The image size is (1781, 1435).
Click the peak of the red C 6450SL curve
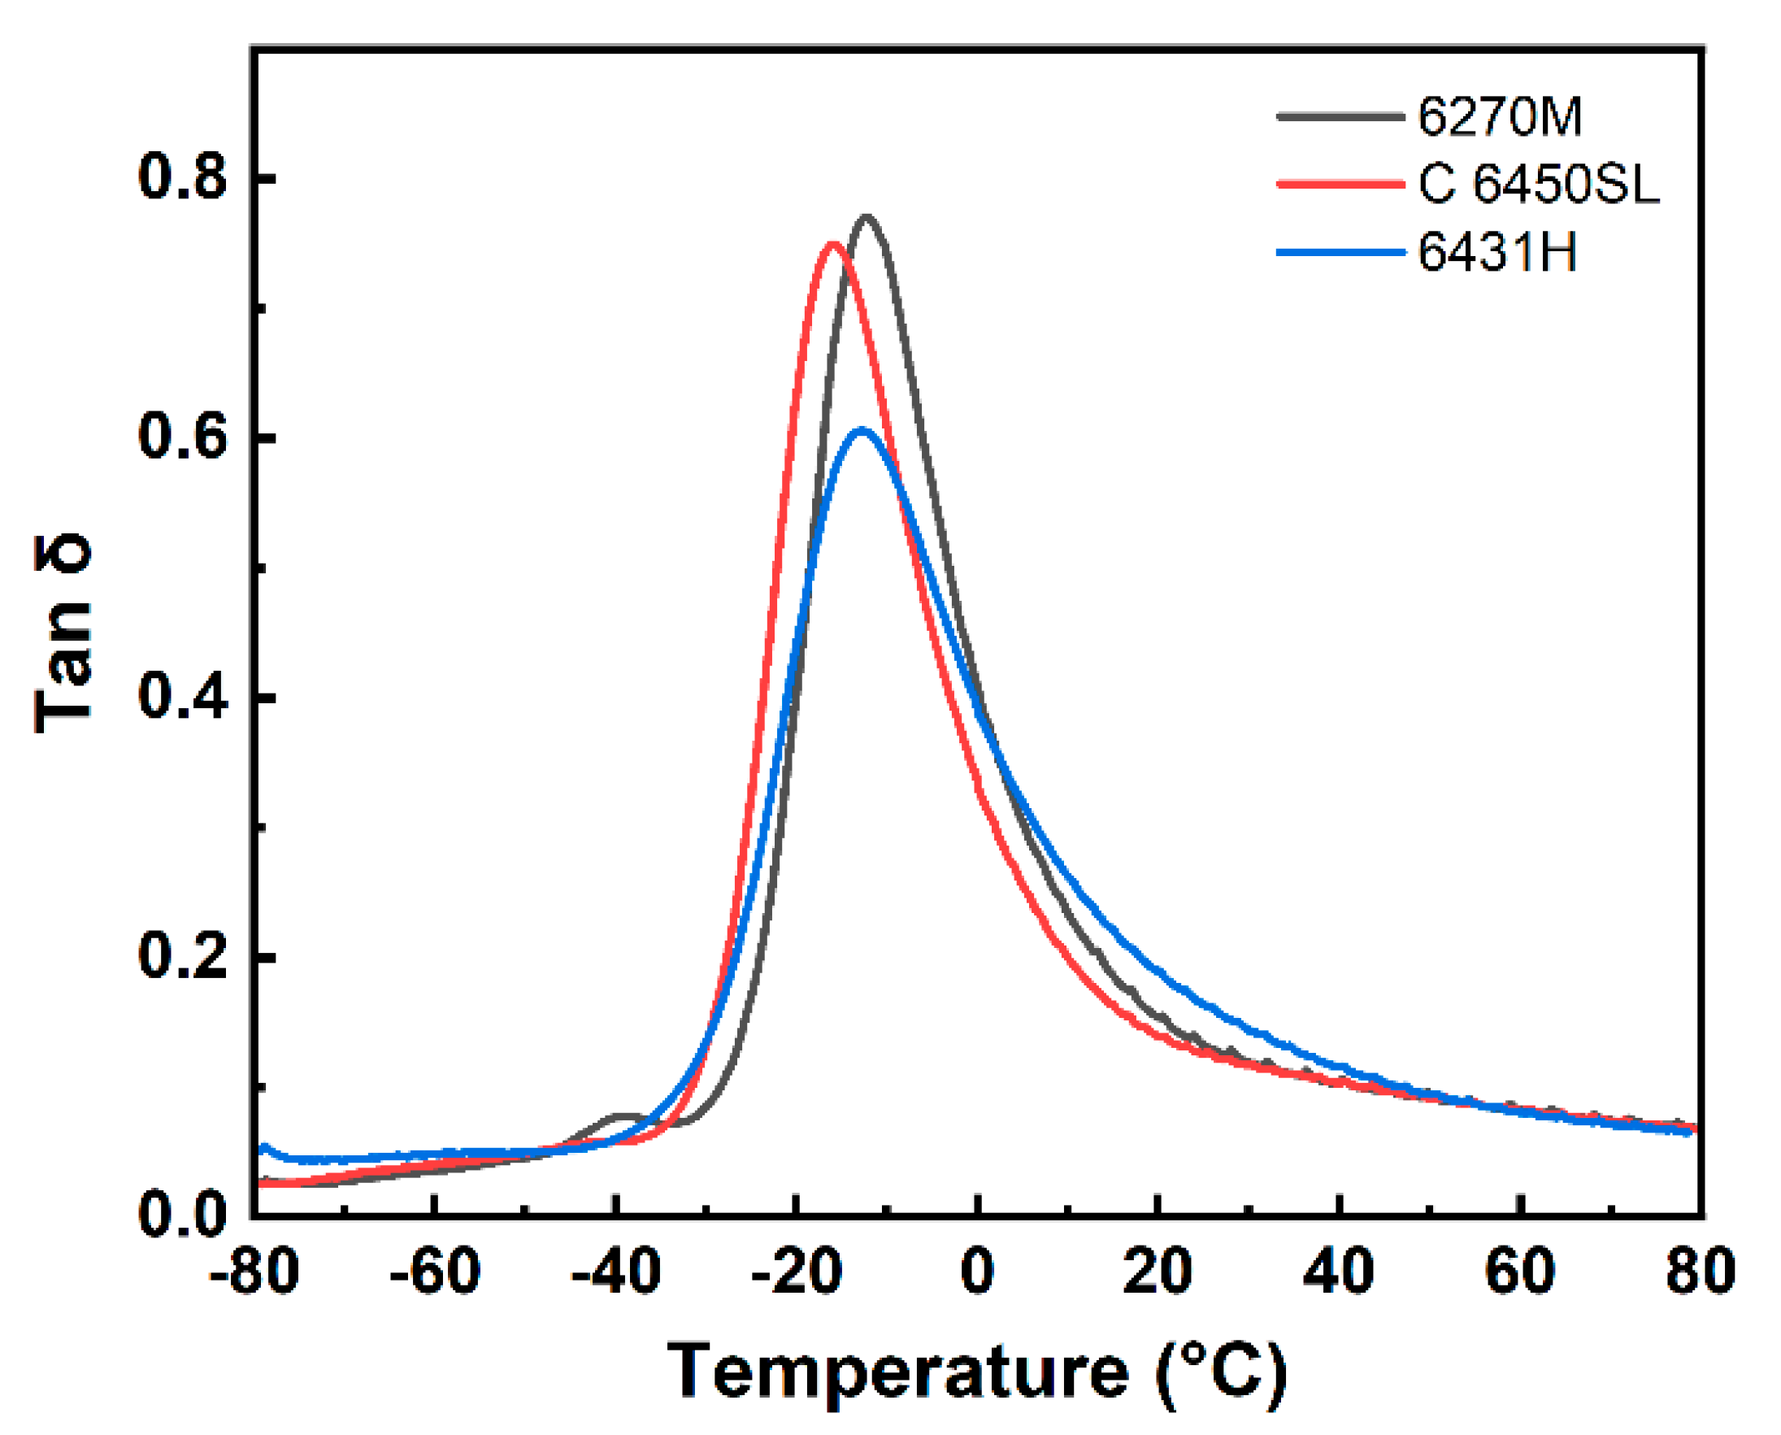[x=833, y=244]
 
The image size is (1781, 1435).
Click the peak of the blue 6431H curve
[x=862, y=430]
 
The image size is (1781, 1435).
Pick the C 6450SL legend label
[x=1538, y=185]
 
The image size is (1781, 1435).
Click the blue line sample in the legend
[x=1340, y=252]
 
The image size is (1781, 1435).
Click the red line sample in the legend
[x=1340, y=185]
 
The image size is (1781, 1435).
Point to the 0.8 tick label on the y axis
[x=183, y=178]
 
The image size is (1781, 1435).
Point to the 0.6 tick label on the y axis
[x=183, y=438]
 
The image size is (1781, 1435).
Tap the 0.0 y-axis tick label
[x=183, y=1216]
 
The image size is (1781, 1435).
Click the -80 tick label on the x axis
[x=254, y=1271]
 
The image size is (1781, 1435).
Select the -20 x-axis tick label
[x=796, y=1271]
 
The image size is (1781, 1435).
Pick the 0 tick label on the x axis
[x=977, y=1271]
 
